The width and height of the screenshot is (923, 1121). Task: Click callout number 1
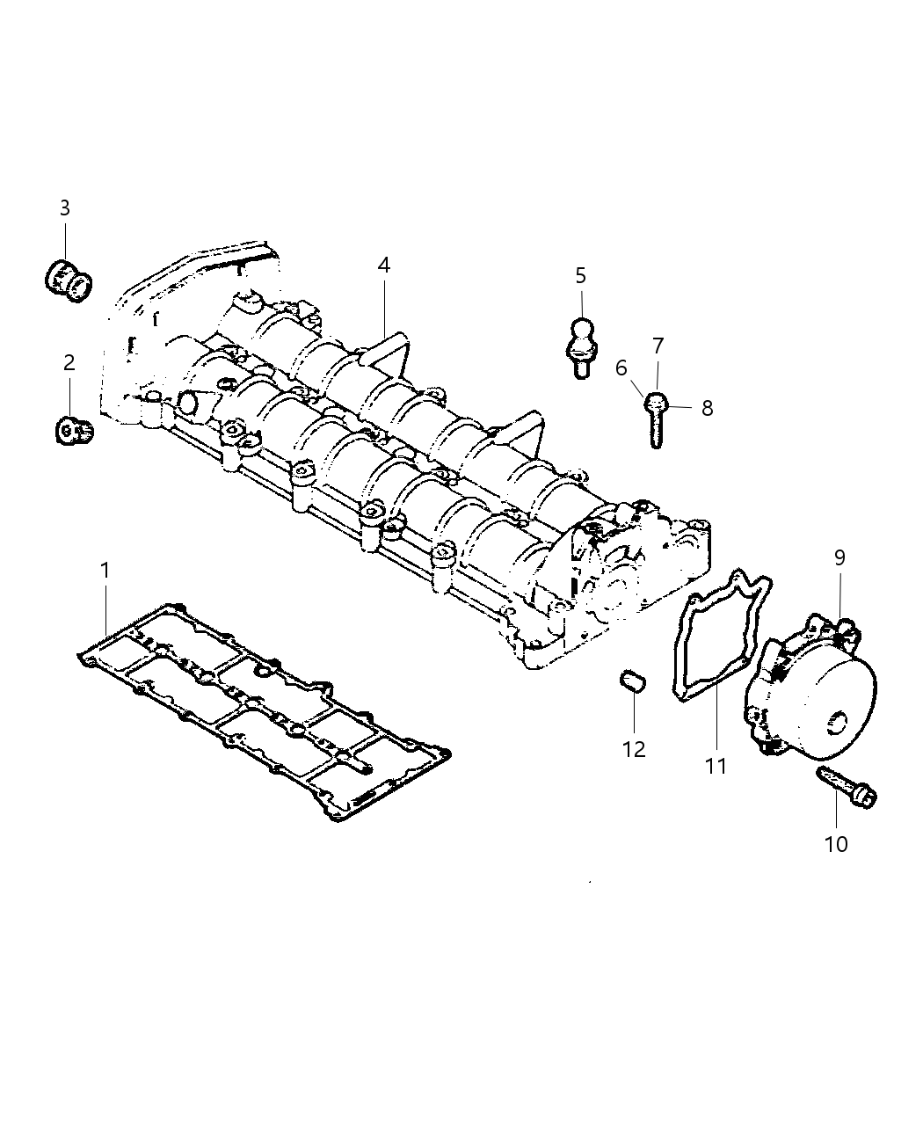tap(105, 571)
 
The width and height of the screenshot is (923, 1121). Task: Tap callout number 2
tap(69, 361)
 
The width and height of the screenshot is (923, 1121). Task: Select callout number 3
tap(65, 208)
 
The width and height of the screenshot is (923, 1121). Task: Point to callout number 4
tap(383, 265)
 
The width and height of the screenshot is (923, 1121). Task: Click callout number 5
tap(580, 276)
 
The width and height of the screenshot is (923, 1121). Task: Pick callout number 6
tap(622, 368)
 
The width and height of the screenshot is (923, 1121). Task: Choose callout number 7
tap(658, 346)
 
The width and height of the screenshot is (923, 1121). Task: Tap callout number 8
tap(707, 408)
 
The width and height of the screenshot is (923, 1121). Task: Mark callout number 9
tap(839, 557)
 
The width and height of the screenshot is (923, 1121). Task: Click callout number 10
tap(836, 844)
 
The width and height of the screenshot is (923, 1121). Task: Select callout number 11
tap(716, 766)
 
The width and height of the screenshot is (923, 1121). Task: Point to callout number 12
tap(634, 749)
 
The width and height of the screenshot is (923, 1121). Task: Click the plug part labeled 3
tap(68, 278)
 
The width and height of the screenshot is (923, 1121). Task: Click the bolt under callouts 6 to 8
tap(656, 419)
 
